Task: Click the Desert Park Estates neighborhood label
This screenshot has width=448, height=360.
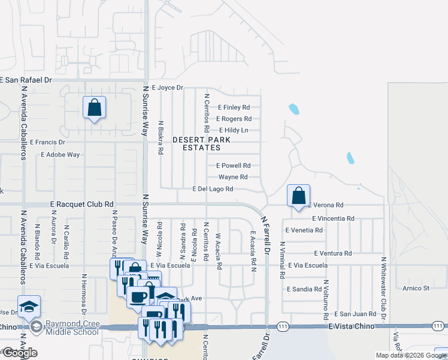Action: tap(201, 143)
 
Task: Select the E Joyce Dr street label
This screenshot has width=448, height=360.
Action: tap(167, 88)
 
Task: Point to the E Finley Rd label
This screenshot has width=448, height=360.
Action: tap(234, 107)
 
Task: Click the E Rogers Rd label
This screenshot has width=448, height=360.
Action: tap(234, 119)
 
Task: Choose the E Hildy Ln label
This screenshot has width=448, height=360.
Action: tap(234, 130)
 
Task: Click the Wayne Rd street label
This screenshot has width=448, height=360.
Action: tap(233, 177)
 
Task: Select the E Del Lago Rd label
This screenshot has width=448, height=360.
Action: tap(213, 189)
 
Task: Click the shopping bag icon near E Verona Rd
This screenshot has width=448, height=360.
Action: tap(298, 196)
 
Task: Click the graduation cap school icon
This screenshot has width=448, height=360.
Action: tap(29, 307)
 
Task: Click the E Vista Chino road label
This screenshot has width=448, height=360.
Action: tap(351, 326)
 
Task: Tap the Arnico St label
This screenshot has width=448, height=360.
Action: tap(416, 289)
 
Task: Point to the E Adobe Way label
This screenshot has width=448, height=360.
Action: tap(60, 155)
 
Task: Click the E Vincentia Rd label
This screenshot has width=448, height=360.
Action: tap(333, 219)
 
